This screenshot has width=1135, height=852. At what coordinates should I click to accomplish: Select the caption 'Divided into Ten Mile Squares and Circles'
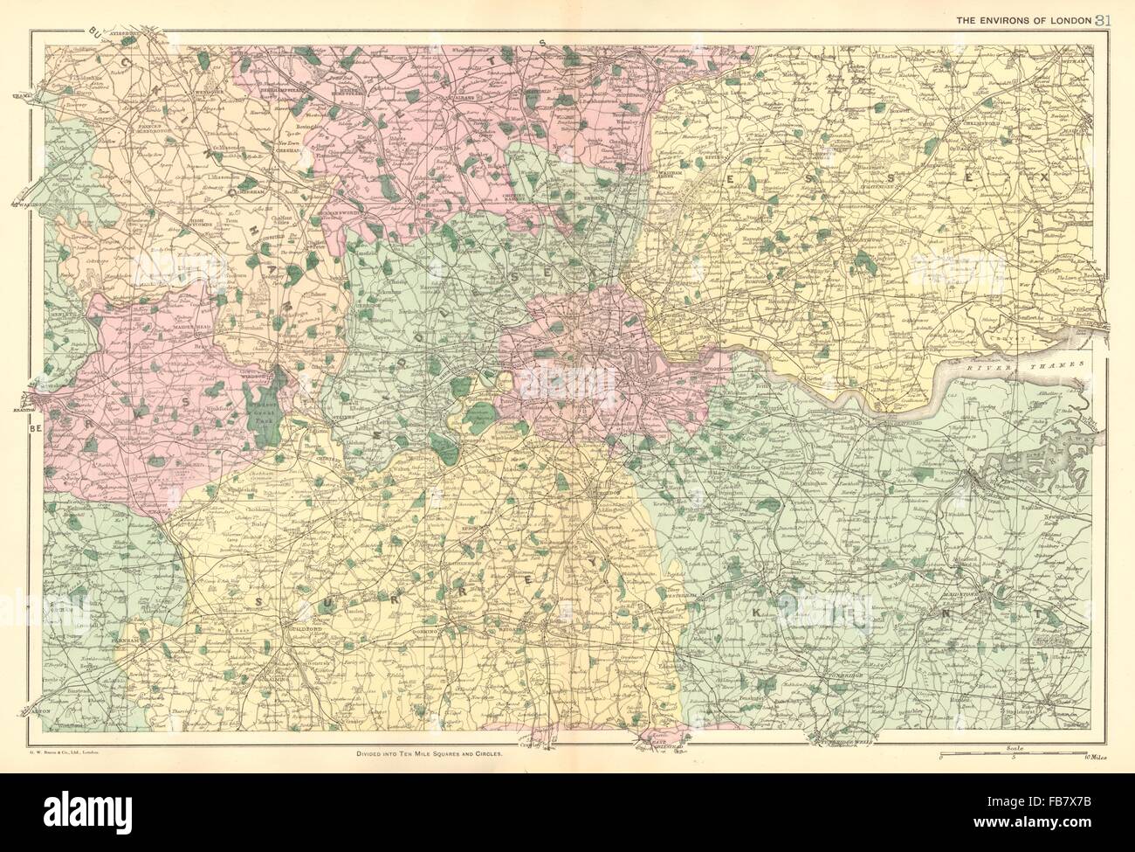429,753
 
